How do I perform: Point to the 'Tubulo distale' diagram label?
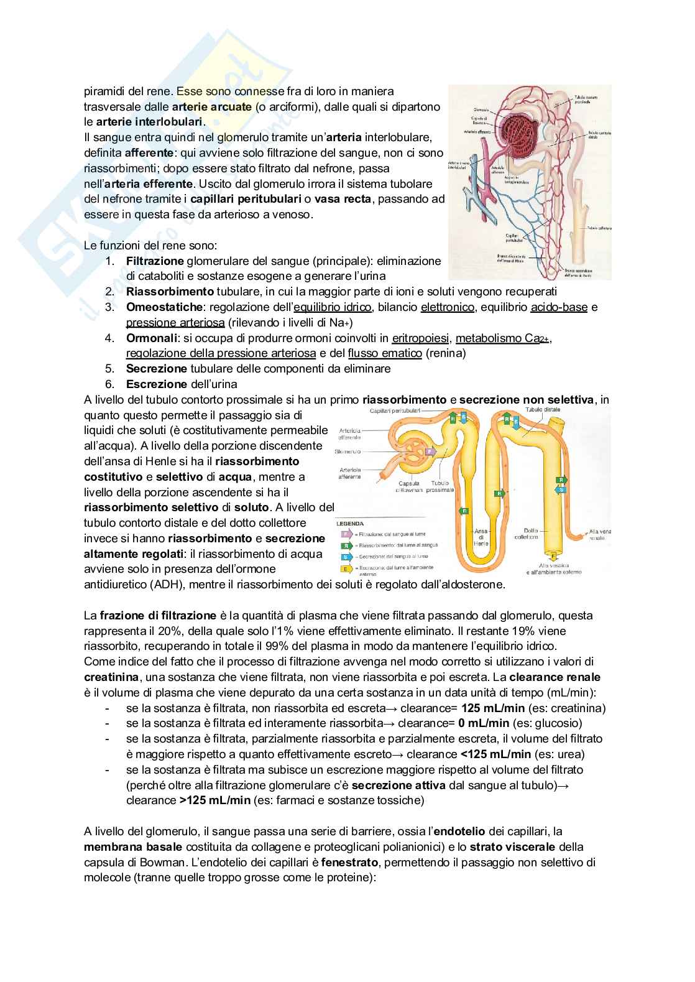point(543,410)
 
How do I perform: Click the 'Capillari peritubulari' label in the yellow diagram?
point(395,411)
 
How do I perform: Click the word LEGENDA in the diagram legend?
point(349,524)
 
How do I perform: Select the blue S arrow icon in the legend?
point(344,557)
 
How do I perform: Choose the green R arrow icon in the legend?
point(344,545)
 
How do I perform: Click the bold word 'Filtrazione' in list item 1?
point(155,261)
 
